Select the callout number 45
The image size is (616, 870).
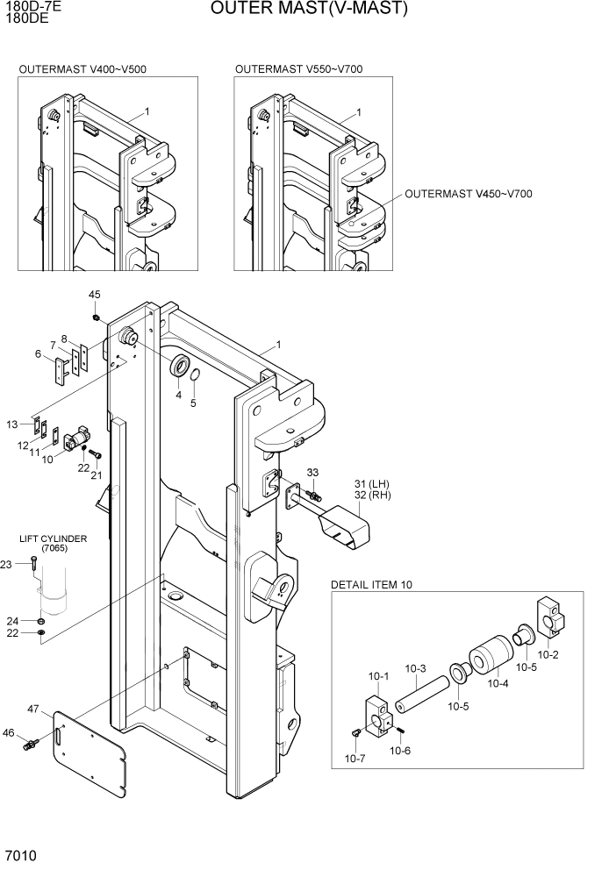95,294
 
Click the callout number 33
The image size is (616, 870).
312,473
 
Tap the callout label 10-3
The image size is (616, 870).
416,668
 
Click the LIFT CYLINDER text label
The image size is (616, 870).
54,538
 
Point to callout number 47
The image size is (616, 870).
33,708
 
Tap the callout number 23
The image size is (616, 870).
8,565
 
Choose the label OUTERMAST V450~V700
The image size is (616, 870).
469,194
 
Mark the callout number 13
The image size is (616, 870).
12,424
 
